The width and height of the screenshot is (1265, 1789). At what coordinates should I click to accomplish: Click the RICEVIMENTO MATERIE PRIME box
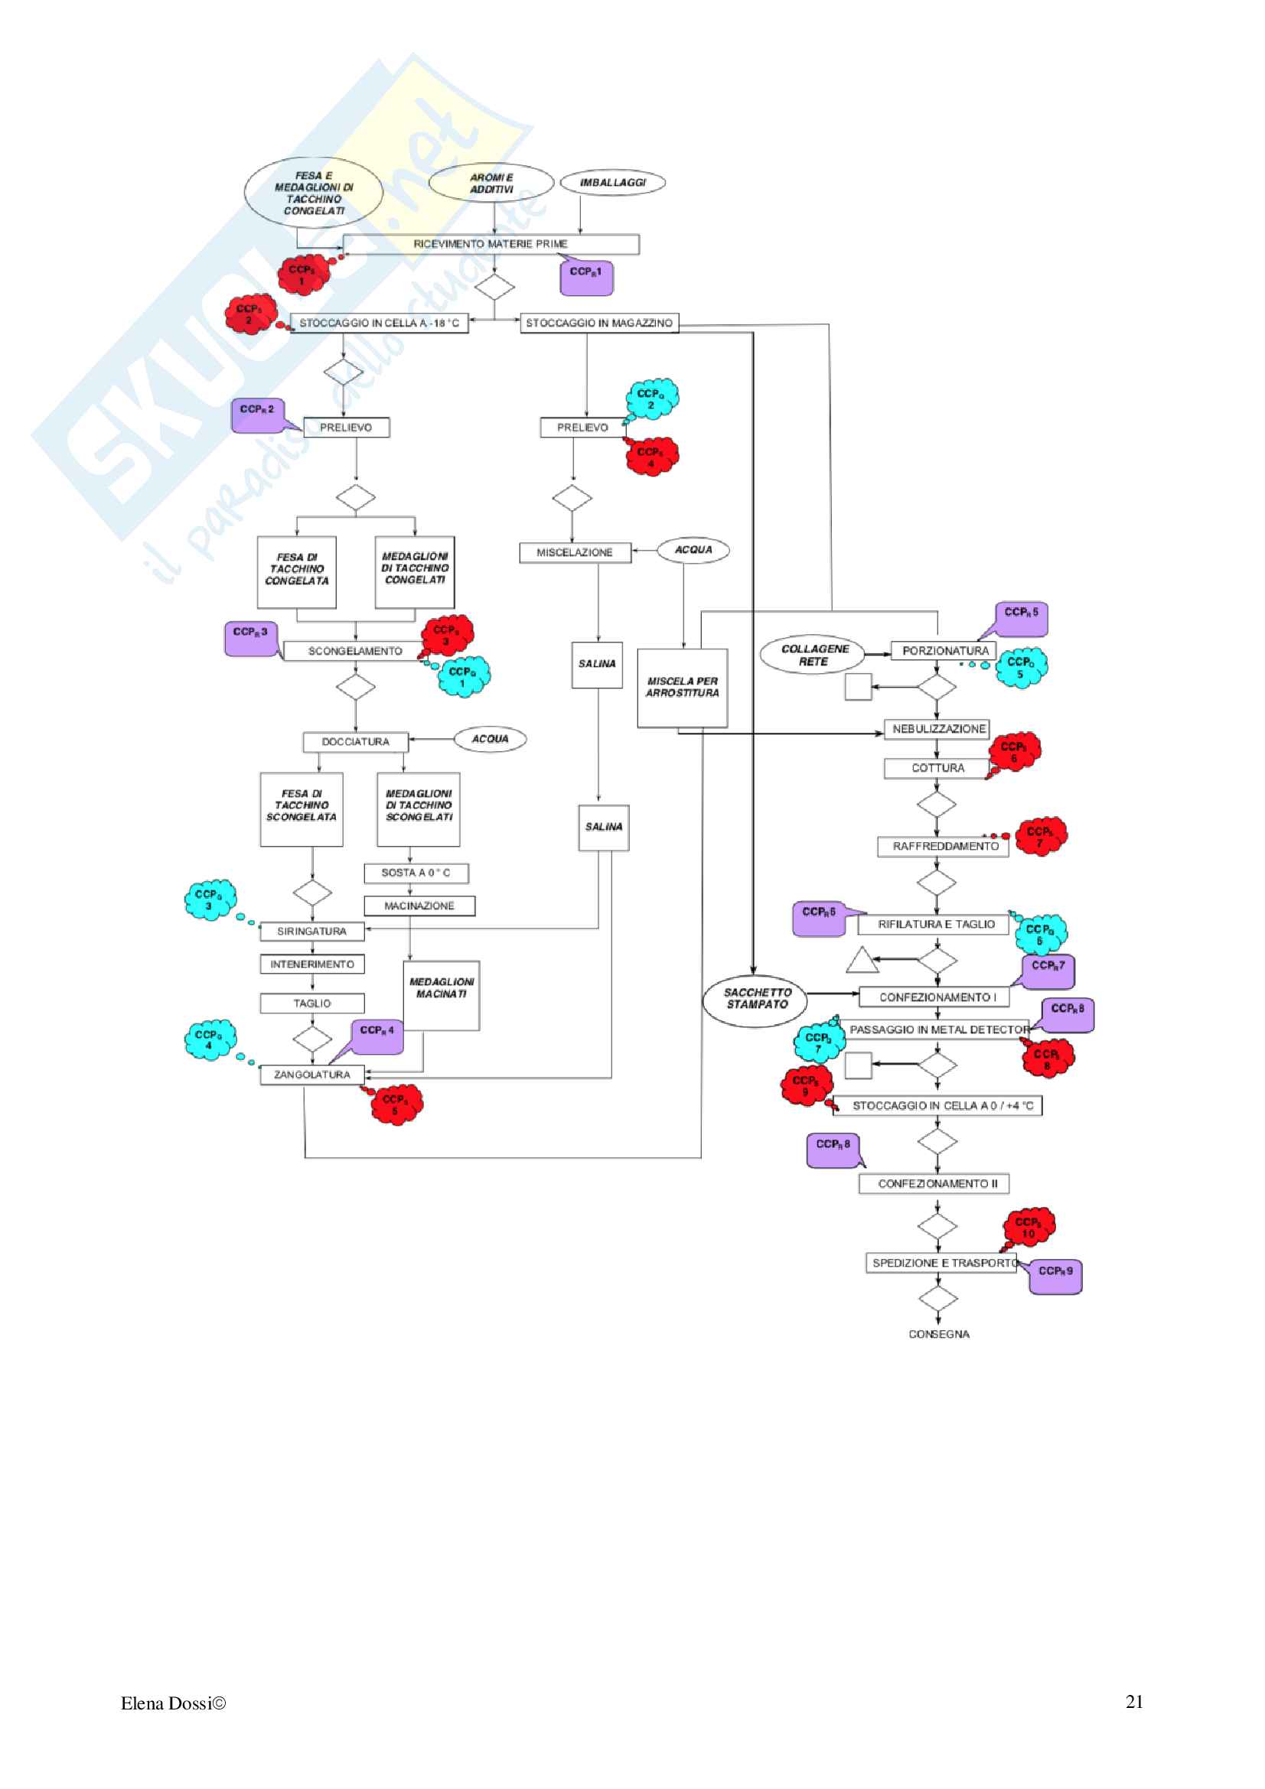point(491,244)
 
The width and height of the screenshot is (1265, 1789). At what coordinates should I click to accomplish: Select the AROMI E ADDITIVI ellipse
point(491,183)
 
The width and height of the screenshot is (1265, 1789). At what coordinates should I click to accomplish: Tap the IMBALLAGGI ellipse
point(613,182)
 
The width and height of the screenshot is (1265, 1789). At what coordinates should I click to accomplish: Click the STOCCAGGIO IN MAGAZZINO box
point(598,323)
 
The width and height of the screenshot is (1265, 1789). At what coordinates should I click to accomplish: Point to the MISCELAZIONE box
point(575,552)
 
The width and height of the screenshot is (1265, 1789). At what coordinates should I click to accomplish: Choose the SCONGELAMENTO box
point(354,651)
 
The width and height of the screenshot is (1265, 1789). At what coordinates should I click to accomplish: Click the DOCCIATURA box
point(355,742)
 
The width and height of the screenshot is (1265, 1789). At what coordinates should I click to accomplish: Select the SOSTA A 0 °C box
point(416,873)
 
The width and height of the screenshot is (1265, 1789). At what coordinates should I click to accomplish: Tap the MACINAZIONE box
point(419,906)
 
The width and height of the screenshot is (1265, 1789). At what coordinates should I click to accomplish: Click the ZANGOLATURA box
point(311,1075)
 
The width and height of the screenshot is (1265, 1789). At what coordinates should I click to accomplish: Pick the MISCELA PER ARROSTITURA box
point(682,688)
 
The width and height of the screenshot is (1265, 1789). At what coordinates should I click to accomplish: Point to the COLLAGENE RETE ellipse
point(814,655)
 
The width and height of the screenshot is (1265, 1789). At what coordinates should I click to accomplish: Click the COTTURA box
point(937,768)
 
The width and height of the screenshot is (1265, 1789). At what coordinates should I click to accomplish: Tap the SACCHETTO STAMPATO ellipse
point(757,999)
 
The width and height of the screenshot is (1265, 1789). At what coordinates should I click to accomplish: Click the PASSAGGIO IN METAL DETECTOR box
point(938,1029)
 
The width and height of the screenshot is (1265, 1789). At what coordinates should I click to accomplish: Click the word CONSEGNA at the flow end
point(938,1334)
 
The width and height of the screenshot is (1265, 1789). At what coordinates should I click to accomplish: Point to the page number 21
point(1134,1702)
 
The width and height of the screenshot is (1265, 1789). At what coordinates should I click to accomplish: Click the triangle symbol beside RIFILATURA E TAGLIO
point(861,961)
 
